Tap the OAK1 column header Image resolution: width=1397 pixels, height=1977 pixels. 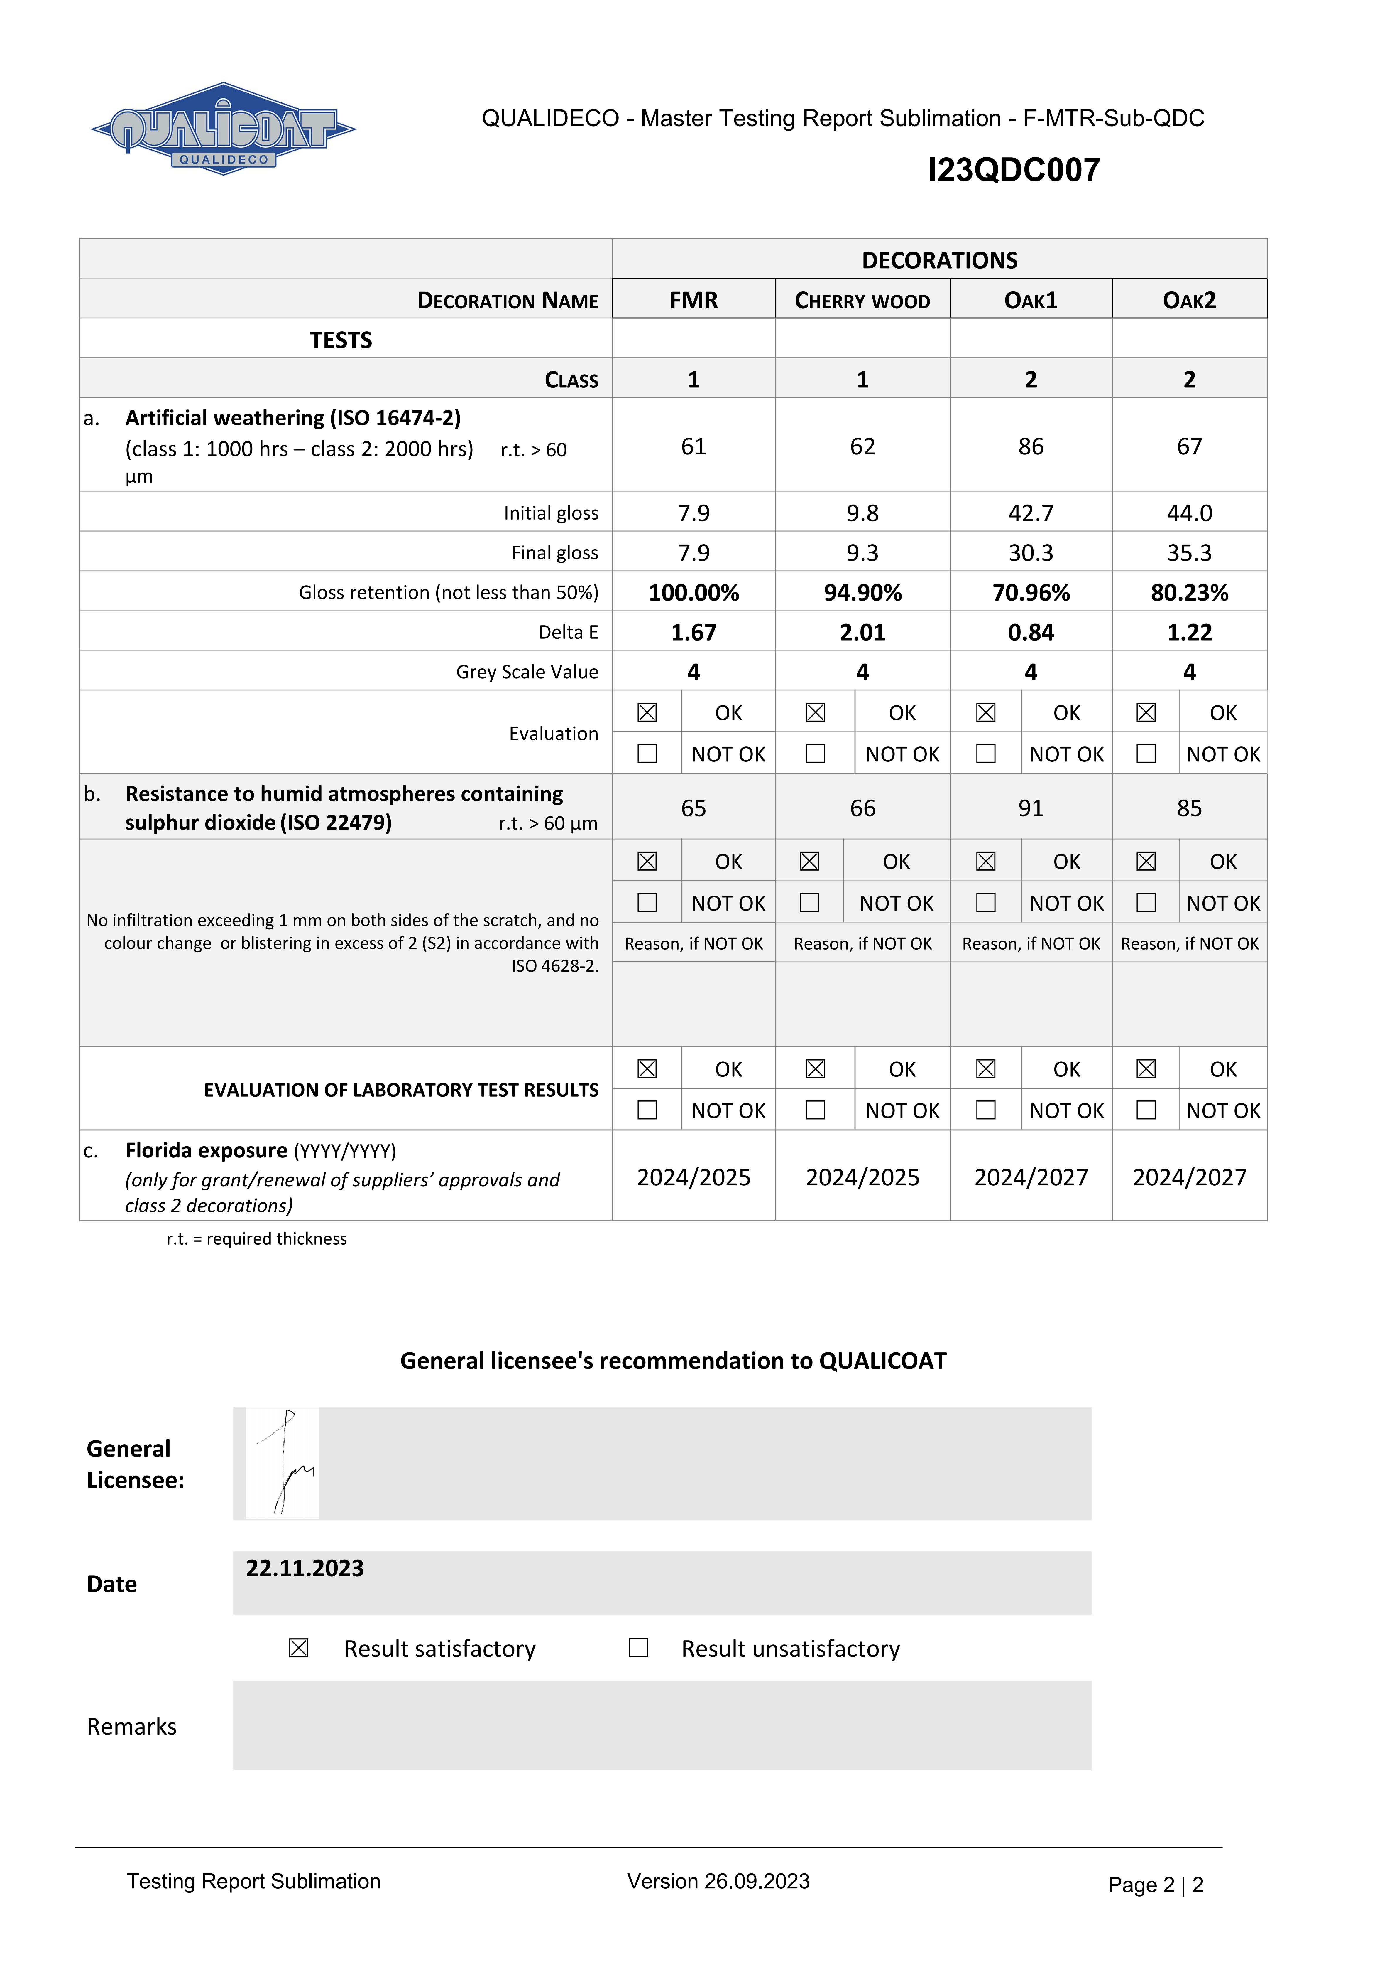pyautogui.click(x=1030, y=301)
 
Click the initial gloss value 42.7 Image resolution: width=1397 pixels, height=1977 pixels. pyautogui.click(x=1030, y=513)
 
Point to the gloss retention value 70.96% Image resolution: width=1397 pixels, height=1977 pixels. pyautogui.click(x=1030, y=592)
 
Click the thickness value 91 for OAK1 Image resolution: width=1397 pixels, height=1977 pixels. pyautogui.click(x=1030, y=808)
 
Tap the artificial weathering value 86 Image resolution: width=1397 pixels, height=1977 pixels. pyautogui.click(x=1030, y=446)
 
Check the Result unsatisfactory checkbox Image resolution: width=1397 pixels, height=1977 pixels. pyautogui.click(x=639, y=1647)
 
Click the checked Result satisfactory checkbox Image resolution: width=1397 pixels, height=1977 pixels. pyautogui.click(x=299, y=1647)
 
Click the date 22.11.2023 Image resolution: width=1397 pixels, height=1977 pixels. pyautogui.click(x=305, y=1568)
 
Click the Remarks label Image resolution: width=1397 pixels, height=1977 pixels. pyautogui.click(x=132, y=1726)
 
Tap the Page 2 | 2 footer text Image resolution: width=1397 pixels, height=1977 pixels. pyautogui.click(x=1155, y=1885)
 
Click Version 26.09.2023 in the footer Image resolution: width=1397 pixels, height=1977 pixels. pyautogui.click(x=718, y=1881)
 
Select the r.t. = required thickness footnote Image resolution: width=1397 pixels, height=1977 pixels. pyautogui.click(x=256, y=1238)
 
